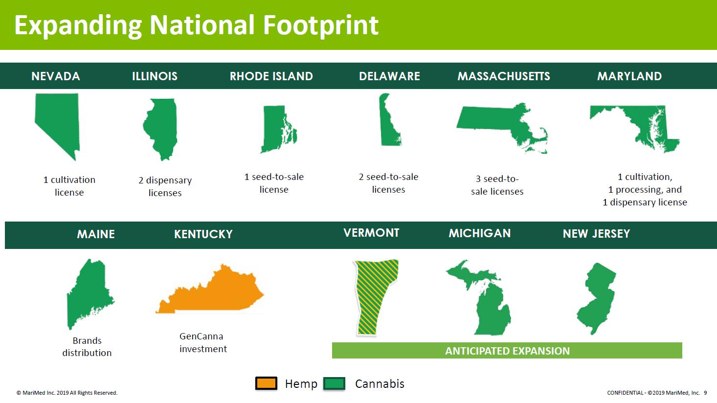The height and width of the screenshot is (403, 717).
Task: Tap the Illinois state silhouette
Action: coord(162,128)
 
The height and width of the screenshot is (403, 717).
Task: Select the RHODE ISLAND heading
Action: coord(271,76)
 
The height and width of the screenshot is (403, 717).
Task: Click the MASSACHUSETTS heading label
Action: coord(504,76)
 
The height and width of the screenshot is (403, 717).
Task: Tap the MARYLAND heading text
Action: coord(629,76)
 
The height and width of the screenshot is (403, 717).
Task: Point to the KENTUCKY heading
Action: coord(203,234)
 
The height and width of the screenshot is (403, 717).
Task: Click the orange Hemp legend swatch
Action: coord(267,383)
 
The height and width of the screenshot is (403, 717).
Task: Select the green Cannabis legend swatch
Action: coord(334,383)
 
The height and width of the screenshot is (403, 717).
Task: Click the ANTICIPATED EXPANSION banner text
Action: coord(507,351)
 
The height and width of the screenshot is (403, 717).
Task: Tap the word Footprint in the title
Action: coord(321,25)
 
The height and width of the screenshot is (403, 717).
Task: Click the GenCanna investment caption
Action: coord(203,342)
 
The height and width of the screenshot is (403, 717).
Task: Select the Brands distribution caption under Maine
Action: coord(87,347)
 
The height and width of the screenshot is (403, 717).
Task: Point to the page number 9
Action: coord(705,393)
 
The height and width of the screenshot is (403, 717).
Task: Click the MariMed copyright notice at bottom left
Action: coord(67,393)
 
